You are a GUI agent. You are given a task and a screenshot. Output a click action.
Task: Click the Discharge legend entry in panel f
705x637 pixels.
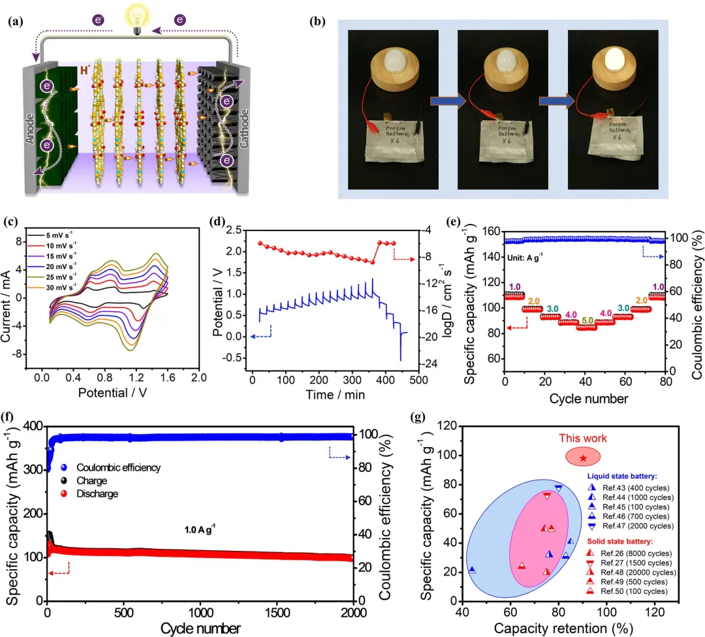point(97,493)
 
